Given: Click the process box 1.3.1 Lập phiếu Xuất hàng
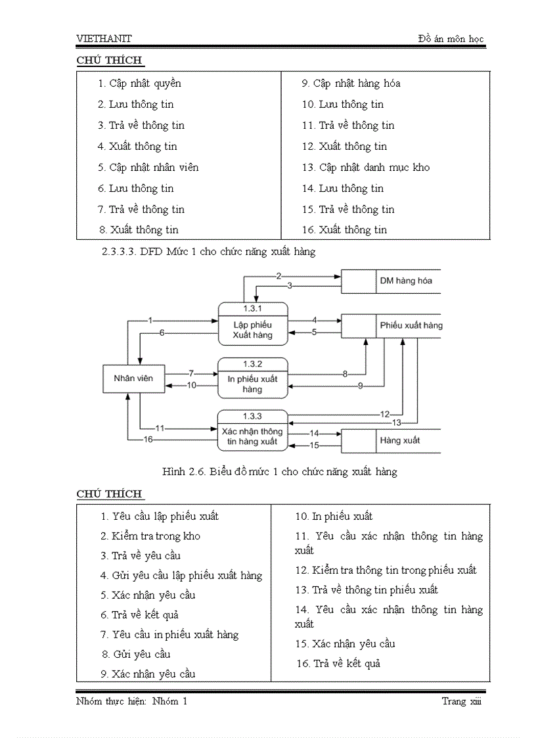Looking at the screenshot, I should (253, 324).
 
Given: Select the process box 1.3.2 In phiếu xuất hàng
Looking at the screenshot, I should (253, 379).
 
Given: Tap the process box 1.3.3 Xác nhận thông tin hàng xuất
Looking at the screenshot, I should (253, 431).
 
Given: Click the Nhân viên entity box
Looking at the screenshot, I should (133, 379).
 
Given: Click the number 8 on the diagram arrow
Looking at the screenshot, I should (345, 374).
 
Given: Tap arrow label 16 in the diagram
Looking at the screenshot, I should (148, 440).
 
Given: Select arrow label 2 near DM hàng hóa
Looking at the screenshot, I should (279, 275).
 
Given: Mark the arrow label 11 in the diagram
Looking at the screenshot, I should (160, 428).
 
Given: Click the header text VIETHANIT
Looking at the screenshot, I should (104, 39).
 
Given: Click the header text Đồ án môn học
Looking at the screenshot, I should (451, 39).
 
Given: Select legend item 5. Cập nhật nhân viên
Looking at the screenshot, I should (148, 168).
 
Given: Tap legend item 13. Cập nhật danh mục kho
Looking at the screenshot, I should (366, 168).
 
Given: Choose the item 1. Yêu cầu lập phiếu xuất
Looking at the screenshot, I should (160, 517).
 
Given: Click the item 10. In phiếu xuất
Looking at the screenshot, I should (334, 517).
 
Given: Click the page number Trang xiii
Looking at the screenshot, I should (462, 702).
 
